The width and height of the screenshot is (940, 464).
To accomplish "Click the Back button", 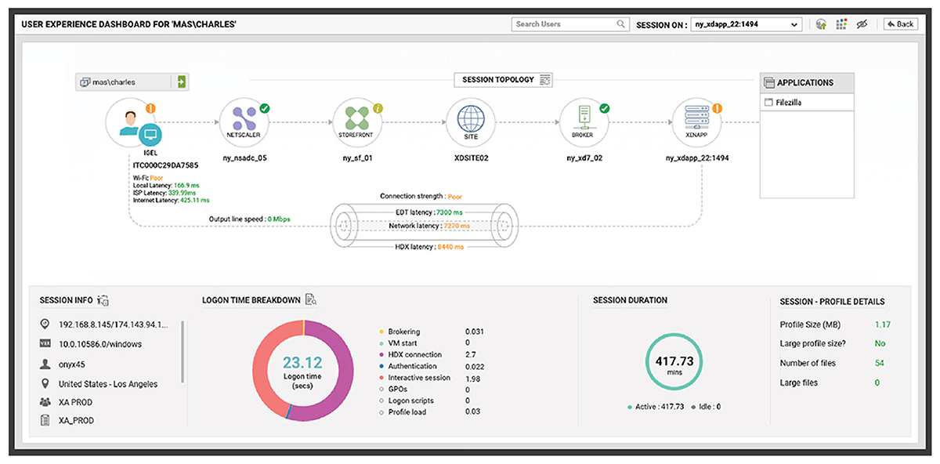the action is pyautogui.click(x=901, y=24).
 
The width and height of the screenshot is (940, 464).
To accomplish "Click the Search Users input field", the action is pyautogui.click(x=570, y=24).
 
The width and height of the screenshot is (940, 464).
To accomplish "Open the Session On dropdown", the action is pyautogui.click(x=746, y=24).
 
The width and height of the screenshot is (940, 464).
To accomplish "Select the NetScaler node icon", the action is pyautogui.click(x=244, y=122).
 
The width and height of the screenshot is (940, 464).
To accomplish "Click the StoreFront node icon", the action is pyautogui.click(x=357, y=122).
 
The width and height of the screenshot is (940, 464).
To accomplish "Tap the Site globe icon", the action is pyautogui.click(x=471, y=122).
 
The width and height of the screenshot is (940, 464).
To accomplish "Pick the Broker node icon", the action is pyautogui.click(x=584, y=122).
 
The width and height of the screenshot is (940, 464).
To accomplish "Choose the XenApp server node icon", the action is pyautogui.click(x=696, y=122).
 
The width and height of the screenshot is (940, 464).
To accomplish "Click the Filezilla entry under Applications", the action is pyautogui.click(x=788, y=103).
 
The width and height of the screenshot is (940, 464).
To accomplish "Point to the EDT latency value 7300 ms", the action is pyautogui.click(x=450, y=212).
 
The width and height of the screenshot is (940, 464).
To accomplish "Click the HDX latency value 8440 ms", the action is pyautogui.click(x=450, y=247).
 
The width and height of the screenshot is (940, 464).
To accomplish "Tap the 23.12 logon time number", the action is pyautogui.click(x=302, y=362).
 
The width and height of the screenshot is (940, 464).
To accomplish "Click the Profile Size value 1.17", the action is pyautogui.click(x=883, y=324).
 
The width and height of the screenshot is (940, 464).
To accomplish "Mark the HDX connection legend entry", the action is pyautogui.click(x=414, y=355).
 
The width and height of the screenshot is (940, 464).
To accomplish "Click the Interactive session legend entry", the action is pyautogui.click(x=419, y=378).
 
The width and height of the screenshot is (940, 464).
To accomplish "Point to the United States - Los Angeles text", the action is pyautogui.click(x=108, y=384).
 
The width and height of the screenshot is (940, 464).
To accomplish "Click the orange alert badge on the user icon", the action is pyautogui.click(x=150, y=108).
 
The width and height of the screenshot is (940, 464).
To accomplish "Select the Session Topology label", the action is pyautogui.click(x=498, y=80).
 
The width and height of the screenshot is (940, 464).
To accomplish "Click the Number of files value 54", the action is pyautogui.click(x=880, y=363).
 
